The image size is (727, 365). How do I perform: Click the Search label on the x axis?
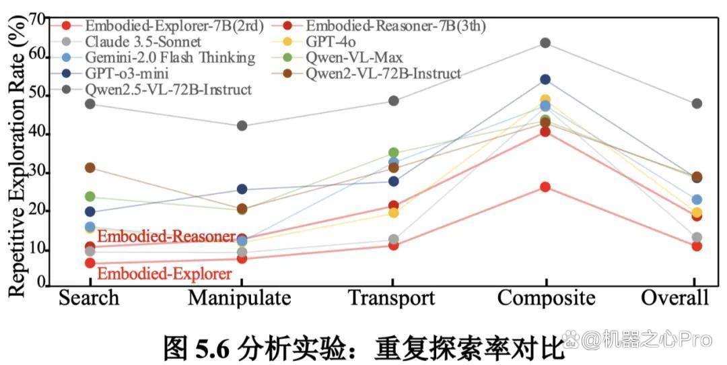[x=89, y=298]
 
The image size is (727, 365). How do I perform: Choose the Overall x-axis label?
[x=675, y=298]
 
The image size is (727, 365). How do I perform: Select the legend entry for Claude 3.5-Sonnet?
[x=135, y=42]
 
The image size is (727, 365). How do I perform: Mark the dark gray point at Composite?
[x=545, y=43]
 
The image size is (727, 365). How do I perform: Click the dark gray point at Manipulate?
[x=242, y=126]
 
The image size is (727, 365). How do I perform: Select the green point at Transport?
[x=393, y=153]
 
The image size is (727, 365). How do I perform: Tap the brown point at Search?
[x=90, y=168]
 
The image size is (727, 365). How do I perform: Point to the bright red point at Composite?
[x=545, y=187]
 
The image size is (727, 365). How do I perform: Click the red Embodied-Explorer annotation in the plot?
[x=165, y=273]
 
